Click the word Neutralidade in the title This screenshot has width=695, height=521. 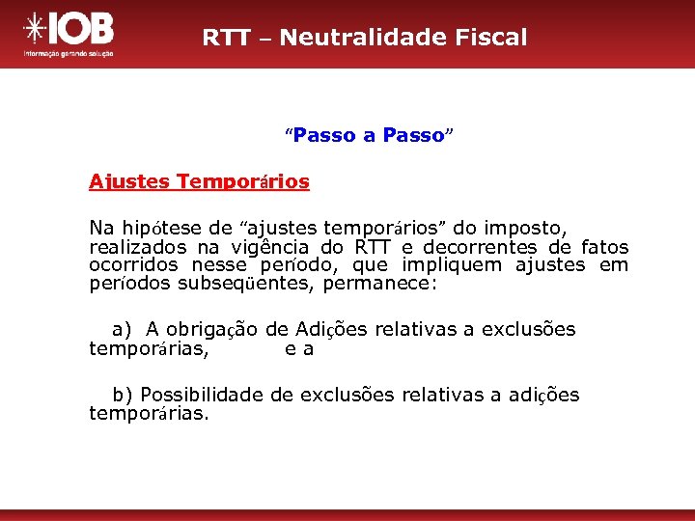(357, 38)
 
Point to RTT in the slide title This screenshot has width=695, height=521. (223, 38)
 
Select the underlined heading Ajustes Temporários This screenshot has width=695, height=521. (199, 181)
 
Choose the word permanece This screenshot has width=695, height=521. (380, 285)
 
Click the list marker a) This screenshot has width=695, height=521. (122, 330)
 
